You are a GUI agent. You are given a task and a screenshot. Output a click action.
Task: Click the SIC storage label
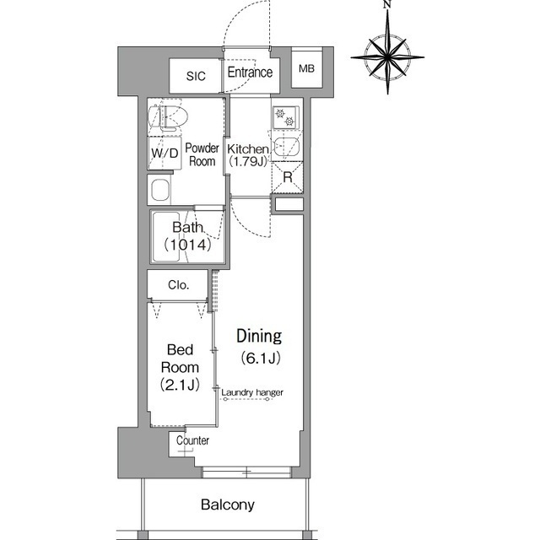(196, 76)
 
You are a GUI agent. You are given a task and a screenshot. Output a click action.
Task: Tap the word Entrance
(250, 73)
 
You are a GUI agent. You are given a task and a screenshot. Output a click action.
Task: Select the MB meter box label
(306, 69)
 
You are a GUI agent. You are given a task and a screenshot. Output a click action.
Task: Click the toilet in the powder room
(168, 117)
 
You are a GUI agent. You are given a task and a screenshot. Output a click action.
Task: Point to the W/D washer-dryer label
(165, 153)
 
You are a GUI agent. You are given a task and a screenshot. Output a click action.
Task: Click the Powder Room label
(202, 154)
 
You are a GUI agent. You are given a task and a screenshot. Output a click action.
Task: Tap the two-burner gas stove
(285, 117)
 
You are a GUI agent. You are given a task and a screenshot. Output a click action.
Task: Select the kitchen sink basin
(286, 147)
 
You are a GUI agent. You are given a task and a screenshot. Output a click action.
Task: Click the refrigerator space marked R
(288, 177)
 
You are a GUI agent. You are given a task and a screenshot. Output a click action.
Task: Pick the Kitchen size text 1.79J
(248, 161)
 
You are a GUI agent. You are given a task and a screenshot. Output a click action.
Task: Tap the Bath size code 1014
(187, 245)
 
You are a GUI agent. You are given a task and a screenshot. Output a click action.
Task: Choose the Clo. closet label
(178, 285)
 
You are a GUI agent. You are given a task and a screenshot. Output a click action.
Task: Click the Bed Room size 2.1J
(180, 385)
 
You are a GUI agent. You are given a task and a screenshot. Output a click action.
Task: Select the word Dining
(259, 336)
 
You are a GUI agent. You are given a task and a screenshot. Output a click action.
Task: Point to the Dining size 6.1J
(261, 358)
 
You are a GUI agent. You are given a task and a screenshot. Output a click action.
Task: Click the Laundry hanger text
(252, 392)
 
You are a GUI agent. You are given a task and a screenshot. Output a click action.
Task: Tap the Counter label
(192, 440)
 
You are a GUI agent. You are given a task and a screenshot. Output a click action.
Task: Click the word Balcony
(228, 505)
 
